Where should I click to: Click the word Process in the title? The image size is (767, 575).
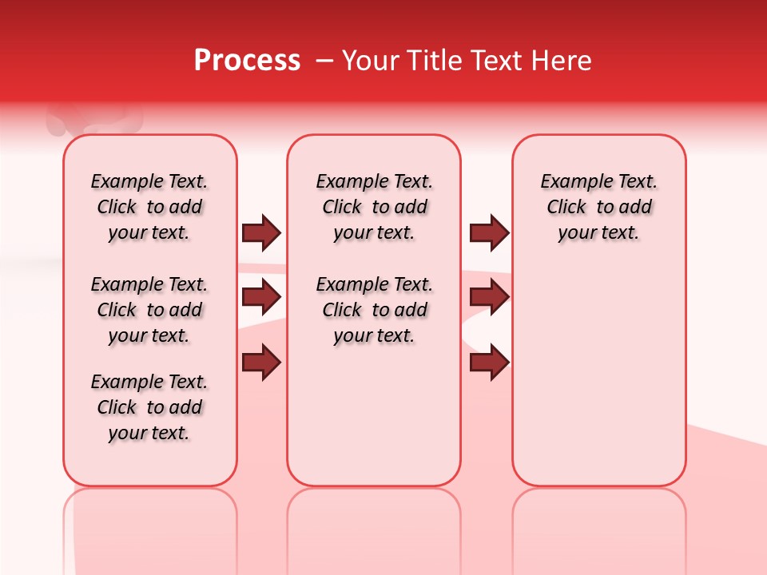tap(247, 61)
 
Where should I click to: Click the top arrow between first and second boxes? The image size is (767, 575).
tap(261, 232)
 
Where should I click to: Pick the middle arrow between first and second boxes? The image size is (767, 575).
tap(261, 297)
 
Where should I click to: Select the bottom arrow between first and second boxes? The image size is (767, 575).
tap(261, 363)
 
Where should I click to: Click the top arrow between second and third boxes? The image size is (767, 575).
tap(489, 232)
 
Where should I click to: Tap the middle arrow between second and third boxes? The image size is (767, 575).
tap(489, 297)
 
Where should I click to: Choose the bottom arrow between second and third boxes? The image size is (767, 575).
tap(489, 363)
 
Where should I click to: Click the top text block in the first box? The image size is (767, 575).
tap(149, 207)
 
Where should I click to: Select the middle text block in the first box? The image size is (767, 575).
tap(149, 310)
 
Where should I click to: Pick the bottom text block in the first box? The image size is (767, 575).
tap(149, 407)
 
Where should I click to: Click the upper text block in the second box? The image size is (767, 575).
tap(374, 207)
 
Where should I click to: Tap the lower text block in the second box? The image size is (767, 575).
tap(374, 310)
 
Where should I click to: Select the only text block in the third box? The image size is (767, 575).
tap(599, 207)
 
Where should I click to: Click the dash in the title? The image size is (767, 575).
tap(324, 61)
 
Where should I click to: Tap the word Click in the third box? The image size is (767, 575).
tap(566, 208)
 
